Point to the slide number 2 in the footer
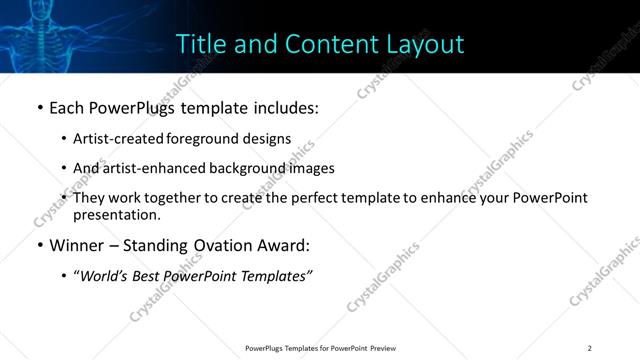(590, 348)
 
